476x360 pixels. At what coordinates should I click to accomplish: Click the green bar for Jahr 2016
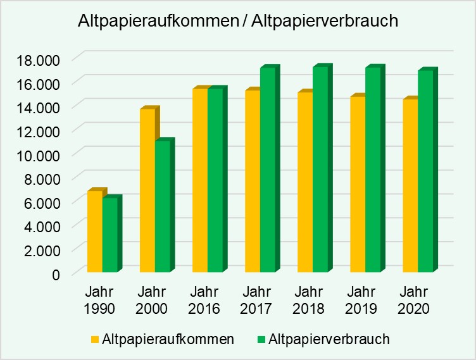215,181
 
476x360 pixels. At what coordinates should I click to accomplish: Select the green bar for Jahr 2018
320,171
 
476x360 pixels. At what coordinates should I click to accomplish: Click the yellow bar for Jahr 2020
410,186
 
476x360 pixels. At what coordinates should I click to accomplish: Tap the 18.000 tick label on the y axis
39,60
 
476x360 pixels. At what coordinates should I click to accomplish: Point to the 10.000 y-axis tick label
39,155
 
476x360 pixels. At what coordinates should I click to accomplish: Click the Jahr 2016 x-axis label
204,301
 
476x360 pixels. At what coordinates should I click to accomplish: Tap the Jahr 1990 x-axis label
99,301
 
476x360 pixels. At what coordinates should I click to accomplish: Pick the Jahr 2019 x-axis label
361,301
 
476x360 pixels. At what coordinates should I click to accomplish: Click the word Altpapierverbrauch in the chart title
324,22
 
